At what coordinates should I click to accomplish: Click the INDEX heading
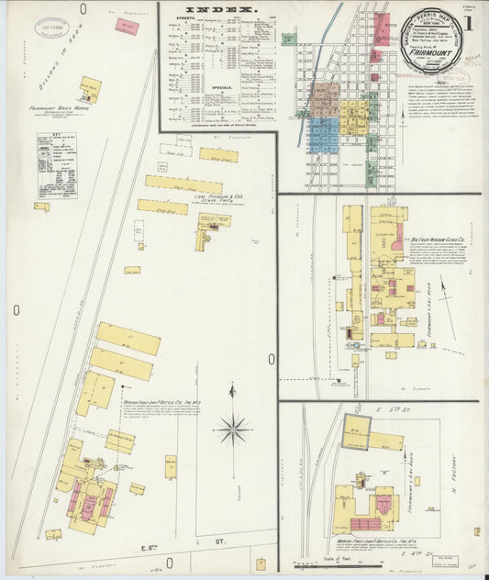pyautogui.click(x=217, y=13)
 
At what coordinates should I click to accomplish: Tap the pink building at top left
pyautogui.click(x=126, y=25)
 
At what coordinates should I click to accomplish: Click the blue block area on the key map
pyautogui.click(x=323, y=136)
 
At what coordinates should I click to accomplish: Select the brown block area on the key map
pyautogui.click(x=324, y=100)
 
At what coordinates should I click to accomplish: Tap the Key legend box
pyautogui.click(x=57, y=165)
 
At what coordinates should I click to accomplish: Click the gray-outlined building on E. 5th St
pyautogui.click(x=356, y=431)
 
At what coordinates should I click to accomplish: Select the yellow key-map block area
pyautogui.click(x=352, y=118)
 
